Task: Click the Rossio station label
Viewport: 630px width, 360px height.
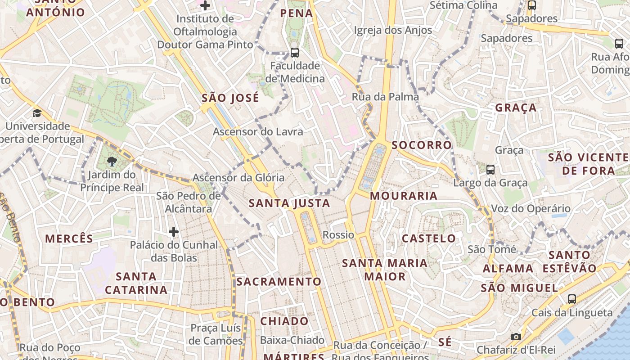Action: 338,235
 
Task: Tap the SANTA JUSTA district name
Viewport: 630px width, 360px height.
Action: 289,203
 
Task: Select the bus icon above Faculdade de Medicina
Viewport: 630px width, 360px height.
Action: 294,52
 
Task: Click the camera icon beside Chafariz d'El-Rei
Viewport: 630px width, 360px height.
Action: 516,337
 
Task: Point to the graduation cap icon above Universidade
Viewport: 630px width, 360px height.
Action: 37,113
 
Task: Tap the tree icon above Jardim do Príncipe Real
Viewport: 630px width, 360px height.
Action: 112,161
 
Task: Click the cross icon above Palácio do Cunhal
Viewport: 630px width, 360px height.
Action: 174,232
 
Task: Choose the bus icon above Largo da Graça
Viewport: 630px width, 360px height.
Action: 490,170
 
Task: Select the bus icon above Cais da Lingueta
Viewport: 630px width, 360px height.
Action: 571,299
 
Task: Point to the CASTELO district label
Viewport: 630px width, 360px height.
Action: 428,238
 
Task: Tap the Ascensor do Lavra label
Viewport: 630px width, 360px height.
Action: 258,132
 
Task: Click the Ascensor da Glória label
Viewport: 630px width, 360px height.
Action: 238,178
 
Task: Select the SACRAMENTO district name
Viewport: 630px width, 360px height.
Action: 279,282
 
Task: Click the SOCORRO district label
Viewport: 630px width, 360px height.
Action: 421,145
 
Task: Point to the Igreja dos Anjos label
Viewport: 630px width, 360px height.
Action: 393,30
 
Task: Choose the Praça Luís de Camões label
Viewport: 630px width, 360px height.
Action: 216,334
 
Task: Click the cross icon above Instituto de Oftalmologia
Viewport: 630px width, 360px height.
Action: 205,5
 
